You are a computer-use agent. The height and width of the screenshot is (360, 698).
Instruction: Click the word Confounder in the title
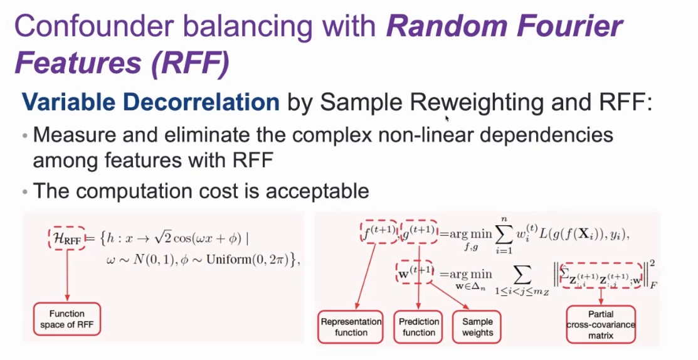point(92,26)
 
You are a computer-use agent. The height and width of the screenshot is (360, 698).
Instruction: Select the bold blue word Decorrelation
point(201,102)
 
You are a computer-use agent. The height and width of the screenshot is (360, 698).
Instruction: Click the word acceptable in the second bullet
point(317,191)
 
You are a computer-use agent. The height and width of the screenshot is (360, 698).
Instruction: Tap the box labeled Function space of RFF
point(66,319)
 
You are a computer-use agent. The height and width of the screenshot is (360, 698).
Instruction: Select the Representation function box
point(351,327)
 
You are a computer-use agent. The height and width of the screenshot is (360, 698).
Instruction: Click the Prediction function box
point(419,327)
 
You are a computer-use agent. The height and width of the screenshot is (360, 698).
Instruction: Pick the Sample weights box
point(477,327)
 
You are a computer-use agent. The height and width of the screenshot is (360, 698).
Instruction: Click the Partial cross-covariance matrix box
point(601,324)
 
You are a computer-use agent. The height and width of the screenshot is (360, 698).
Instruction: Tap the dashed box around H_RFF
point(66,238)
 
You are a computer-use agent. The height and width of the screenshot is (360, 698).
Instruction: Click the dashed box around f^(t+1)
point(378,232)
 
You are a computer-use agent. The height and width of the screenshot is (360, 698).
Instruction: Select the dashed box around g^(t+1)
point(419,232)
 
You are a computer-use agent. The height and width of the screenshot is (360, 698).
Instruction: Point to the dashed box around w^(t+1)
point(415,272)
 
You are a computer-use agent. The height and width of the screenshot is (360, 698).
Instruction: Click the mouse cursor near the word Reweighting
point(447,118)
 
